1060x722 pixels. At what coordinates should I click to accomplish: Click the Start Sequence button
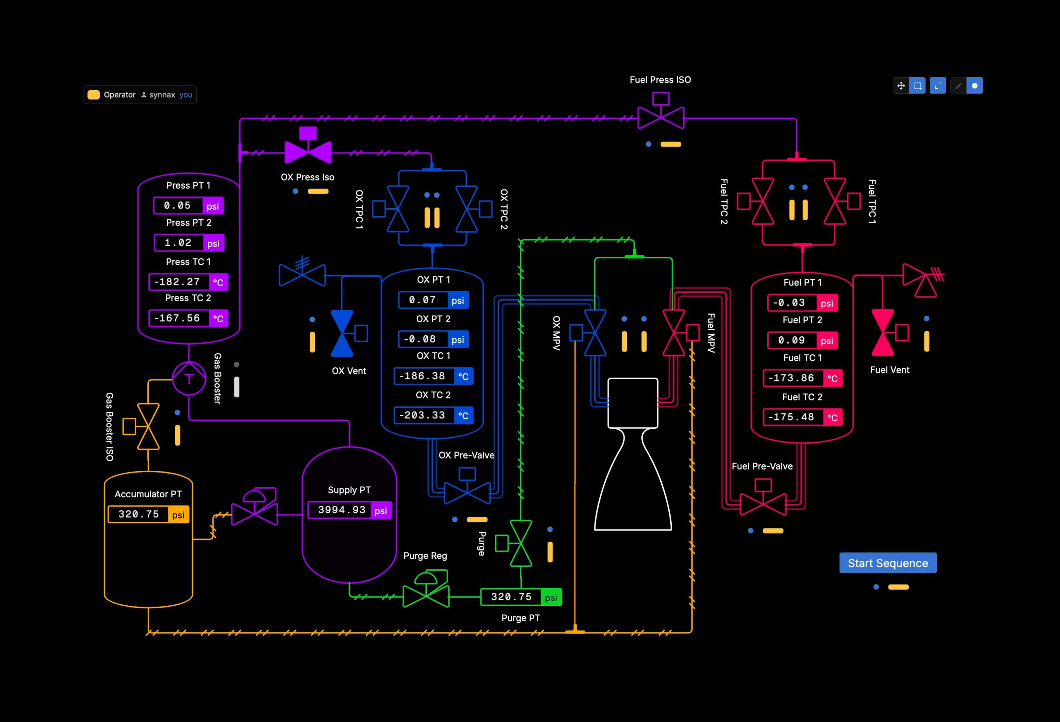tap(888, 563)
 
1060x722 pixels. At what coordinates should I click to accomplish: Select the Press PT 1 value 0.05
tap(178, 206)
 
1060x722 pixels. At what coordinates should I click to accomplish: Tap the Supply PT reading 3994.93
tap(341, 510)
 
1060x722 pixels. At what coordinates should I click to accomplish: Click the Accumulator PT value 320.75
tap(139, 514)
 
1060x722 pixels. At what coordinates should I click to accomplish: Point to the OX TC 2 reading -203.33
tap(422, 415)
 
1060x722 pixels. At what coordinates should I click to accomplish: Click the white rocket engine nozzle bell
tap(633, 479)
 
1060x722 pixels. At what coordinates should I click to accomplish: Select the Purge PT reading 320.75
tap(511, 597)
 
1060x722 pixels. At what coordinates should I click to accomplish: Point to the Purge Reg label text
tap(425, 556)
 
